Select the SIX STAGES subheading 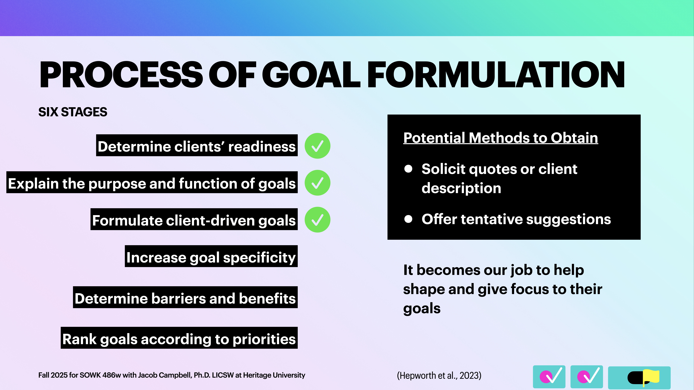click(73, 112)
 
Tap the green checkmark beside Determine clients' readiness click(317, 146)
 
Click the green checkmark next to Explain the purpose click(317, 183)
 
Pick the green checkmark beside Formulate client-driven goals click(317, 220)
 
